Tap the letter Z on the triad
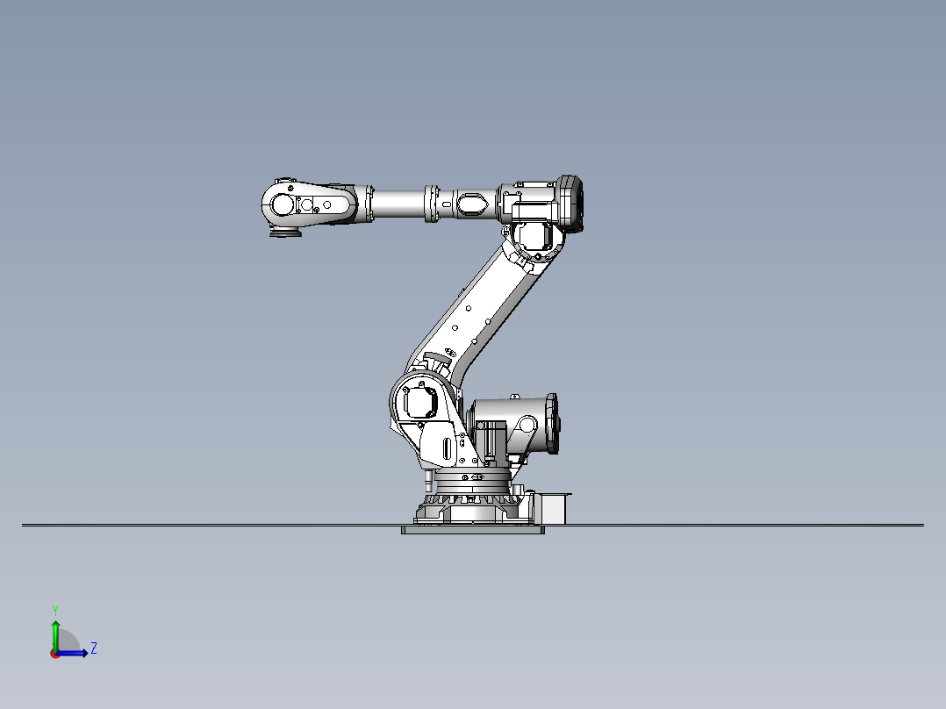pyautogui.click(x=93, y=648)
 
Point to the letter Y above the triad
pyautogui.click(x=54, y=609)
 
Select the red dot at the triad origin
pyautogui.click(x=54, y=653)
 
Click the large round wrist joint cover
pyautogui.click(x=283, y=204)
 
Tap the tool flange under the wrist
pyautogui.click(x=283, y=234)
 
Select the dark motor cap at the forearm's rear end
pyautogui.click(x=571, y=204)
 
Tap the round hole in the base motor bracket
pyautogui.click(x=527, y=426)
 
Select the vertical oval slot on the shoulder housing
pyautogui.click(x=448, y=448)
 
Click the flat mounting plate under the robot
pyautogui.click(x=472, y=530)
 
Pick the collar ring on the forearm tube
pyautogui.click(x=433, y=204)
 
